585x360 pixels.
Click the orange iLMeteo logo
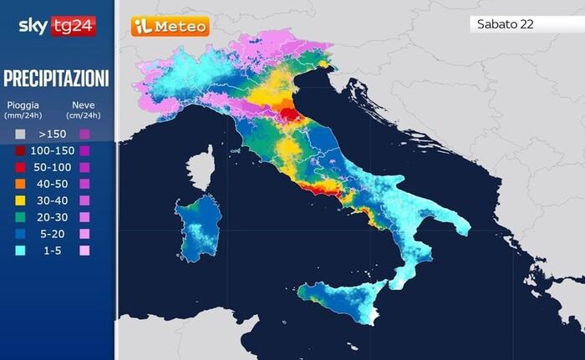[170, 27]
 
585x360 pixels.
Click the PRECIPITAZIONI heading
[56, 79]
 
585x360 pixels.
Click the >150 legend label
[51, 134]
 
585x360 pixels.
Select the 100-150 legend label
[51, 150]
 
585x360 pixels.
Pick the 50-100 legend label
[51, 167]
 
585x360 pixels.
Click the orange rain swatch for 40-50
[20, 184]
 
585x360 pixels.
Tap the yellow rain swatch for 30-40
[20, 200]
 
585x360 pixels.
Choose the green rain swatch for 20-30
[20, 217]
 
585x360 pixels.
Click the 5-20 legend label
[51, 234]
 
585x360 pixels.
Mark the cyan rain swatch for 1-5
[20, 251]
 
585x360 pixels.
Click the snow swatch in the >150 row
[84, 134]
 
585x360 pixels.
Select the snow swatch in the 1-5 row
[84, 251]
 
